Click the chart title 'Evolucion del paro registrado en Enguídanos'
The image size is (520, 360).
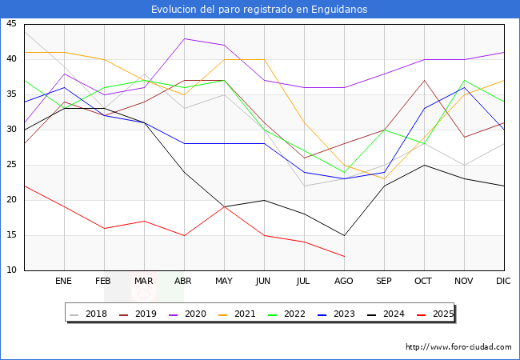click(260, 9)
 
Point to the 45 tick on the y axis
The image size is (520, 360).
click(11, 24)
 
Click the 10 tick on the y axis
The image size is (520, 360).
click(11, 270)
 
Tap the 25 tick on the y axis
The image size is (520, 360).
click(11, 165)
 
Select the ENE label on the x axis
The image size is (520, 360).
click(64, 282)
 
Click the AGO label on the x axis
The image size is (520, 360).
click(344, 282)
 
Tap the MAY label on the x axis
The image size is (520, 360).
click(224, 282)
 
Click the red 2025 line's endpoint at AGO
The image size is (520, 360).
click(344, 256)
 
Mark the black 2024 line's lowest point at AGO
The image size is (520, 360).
click(344, 235)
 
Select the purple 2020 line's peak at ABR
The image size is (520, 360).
click(184, 38)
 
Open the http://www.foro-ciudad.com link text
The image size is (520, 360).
click(458, 347)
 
